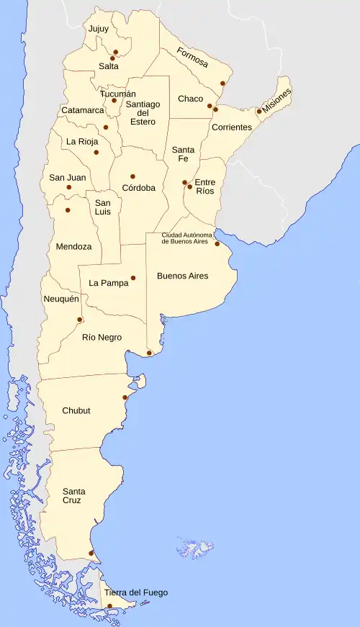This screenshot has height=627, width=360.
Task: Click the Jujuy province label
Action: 98,29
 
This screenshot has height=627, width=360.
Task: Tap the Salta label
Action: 109,66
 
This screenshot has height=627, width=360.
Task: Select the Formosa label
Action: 192,58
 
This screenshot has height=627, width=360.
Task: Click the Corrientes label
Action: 231,127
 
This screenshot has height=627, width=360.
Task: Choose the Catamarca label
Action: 83,110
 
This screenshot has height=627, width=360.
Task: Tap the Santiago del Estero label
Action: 143,113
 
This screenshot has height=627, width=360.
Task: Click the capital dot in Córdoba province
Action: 132,176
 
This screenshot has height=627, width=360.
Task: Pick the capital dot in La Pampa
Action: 133,278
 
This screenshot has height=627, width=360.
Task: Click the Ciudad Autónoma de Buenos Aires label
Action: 186,238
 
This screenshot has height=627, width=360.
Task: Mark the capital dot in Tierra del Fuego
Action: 109,606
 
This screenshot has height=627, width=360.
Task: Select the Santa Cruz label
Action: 72,495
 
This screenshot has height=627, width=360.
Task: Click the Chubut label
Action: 76,410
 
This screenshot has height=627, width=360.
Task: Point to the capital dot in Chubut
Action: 125,397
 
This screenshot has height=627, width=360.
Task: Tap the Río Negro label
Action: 102,338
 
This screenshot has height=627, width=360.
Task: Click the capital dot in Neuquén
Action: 80,320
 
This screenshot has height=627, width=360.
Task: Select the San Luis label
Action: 104,207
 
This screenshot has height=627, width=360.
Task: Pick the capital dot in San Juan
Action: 69,187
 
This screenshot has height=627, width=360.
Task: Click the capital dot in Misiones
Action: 259,111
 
